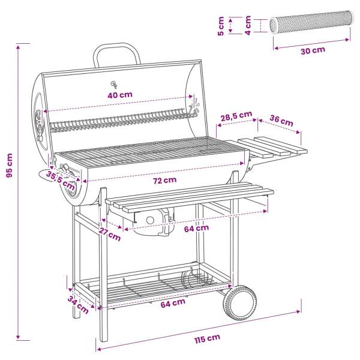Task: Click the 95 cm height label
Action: [10, 166]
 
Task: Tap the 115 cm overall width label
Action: [208, 338]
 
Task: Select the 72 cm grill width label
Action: [165, 180]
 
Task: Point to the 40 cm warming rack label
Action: [120, 95]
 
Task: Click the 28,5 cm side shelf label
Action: [236, 116]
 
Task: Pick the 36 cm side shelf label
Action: [281, 121]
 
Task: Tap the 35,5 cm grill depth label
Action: [61, 181]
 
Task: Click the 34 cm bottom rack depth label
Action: [78, 305]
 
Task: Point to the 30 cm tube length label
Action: [313, 50]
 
